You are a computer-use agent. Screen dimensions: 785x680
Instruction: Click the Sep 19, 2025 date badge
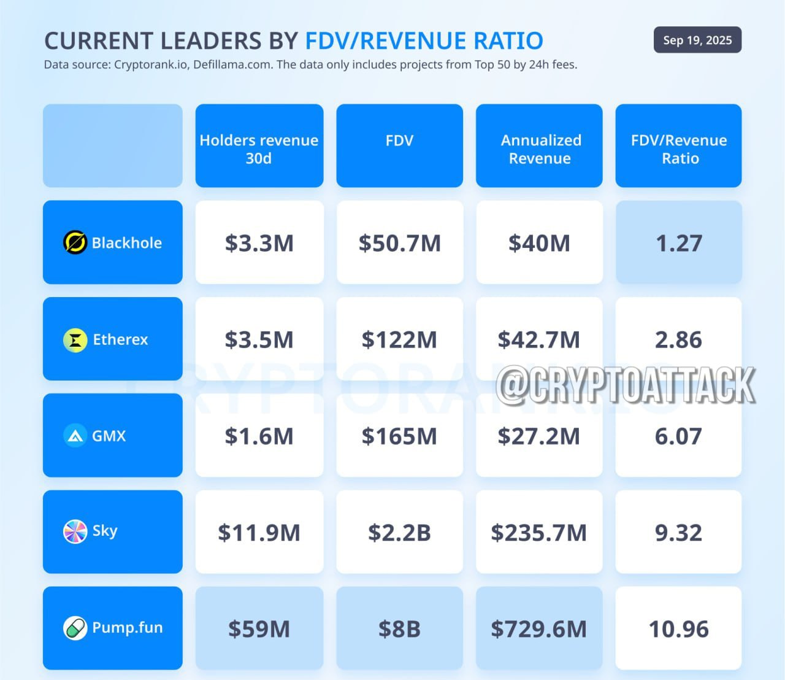(697, 40)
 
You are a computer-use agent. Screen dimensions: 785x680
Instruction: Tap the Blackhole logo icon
(75, 242)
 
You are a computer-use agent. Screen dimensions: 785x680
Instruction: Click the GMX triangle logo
(75, 435)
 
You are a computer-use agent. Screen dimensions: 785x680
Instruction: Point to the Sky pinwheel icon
(75, 531)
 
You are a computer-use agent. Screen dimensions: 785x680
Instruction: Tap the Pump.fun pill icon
(75, 628)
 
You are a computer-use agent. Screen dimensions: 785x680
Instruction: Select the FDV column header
(399, 145)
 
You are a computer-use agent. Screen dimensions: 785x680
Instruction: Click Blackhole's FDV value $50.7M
(399, 243)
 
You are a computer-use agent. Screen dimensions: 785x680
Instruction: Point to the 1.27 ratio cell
(679, 242)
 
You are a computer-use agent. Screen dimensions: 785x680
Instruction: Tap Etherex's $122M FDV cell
(399, 339)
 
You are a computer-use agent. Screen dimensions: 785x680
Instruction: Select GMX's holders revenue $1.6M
(259, 436)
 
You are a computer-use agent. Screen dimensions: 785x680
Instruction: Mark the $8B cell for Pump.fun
(399, 628)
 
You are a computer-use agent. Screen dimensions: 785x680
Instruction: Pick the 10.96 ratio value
(679, 629)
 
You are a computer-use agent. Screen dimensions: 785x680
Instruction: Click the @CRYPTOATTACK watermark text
(626, 385)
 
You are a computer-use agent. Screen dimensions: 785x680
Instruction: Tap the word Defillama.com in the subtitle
(233, 64)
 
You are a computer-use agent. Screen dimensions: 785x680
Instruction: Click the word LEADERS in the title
(212, 41)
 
